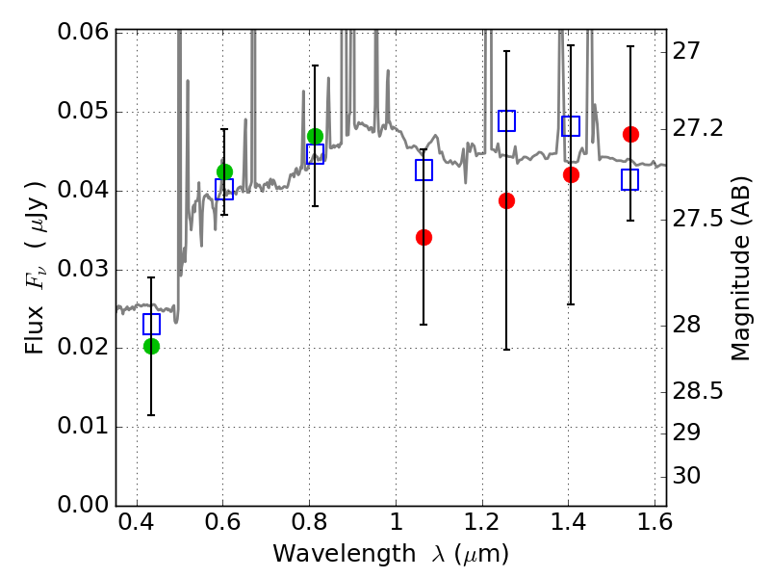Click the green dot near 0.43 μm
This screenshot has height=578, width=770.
point(152,347)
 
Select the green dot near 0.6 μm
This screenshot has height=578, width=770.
point(224,172)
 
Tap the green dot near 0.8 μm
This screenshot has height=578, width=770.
point(316,136)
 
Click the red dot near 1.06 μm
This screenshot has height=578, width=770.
point(423,237)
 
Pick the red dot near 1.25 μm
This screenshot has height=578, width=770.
point(507,200)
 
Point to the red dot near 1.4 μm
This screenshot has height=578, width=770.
point(571,174)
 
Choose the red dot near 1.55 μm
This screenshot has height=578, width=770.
point(631,134)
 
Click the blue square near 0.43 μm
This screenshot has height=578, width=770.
point(151,324)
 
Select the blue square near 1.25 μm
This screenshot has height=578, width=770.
point(507,120)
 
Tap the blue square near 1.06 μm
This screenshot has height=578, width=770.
point(423,170)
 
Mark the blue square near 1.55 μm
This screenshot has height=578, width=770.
point(630,179)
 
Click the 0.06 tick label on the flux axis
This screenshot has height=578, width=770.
point(83,32)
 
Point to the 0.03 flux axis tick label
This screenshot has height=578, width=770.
point(83,270)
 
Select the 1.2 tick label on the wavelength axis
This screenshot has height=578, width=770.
point(482,522)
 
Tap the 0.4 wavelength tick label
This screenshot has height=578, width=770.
point(137,522)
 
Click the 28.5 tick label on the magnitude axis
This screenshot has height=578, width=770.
point(697,391)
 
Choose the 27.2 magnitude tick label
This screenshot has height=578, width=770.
point(697,128)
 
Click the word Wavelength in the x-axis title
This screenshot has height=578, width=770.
point(345,554)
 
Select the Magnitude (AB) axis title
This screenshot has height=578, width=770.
point(741,269)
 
